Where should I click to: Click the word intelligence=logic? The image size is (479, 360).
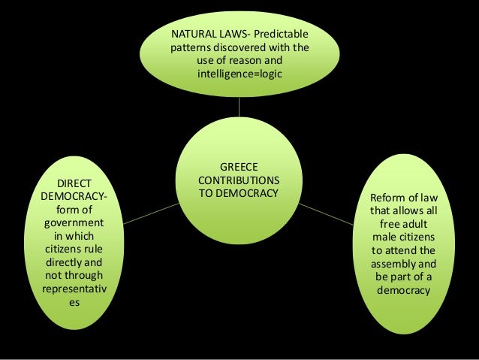click(x=239, y=74)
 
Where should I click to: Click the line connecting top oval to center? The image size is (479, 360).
click(x=239, y=105)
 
